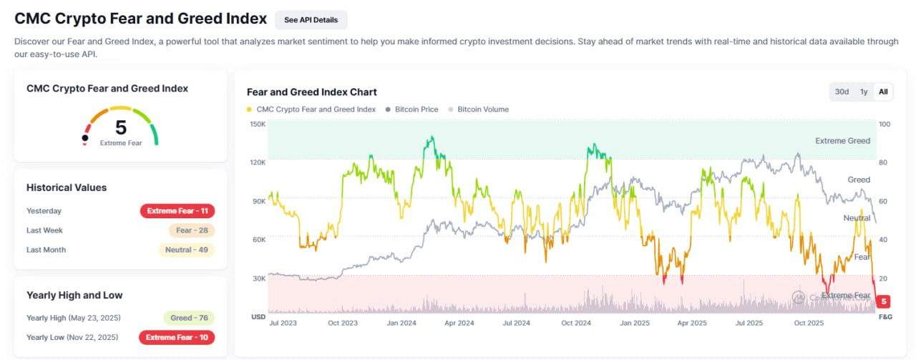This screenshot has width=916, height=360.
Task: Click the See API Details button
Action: [311, 20]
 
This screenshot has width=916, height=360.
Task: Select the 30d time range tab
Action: [842, 92]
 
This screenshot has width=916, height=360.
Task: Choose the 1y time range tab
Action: [864, 92]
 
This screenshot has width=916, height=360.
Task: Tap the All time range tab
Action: [883, 92]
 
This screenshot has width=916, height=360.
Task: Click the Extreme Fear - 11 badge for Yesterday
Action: [177, 211]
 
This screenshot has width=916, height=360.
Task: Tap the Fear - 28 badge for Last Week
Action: [191, 230]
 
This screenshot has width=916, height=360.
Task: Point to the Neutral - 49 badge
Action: [186, 250]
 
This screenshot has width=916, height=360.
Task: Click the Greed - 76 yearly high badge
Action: [189, 318]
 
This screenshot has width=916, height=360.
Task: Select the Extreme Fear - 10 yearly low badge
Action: [177, 337]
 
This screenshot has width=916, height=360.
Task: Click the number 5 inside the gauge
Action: [121, 127]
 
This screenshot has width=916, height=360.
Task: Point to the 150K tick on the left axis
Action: [258, 125]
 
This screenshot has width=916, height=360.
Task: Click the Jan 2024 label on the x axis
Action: [402, 323]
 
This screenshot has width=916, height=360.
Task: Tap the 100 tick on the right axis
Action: [884, 125]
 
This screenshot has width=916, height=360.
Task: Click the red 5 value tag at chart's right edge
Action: [885, 301]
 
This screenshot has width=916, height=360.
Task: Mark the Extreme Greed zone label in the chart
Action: [842, 141]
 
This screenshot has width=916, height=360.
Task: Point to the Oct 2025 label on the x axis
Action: [809, 323]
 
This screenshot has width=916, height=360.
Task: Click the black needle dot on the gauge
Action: [86, 137]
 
